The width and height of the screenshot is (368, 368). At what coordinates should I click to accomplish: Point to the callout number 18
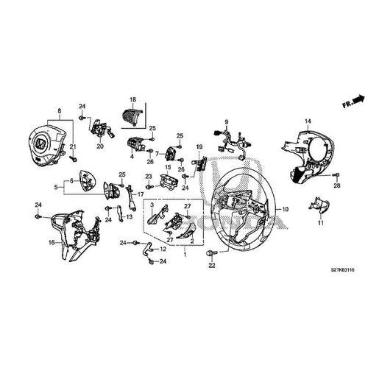[132, 99]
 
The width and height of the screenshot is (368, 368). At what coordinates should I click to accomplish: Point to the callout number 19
[198, 148]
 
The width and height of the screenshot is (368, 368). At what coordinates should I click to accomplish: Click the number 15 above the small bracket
[169, 168]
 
